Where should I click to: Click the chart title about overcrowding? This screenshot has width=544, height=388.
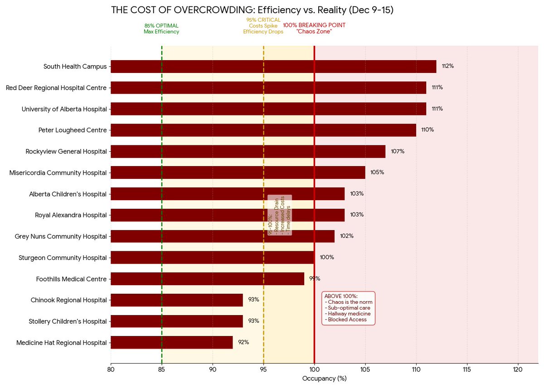252,10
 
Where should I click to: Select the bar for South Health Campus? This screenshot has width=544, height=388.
273,67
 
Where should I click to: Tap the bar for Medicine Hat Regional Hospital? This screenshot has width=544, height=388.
171,342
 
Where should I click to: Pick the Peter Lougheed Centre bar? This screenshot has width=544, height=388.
263,130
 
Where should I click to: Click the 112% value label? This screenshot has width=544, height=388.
447,66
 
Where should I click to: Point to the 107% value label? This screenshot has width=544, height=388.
398,151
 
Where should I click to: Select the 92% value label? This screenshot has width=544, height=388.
243,342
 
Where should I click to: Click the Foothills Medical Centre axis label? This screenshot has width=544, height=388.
71,279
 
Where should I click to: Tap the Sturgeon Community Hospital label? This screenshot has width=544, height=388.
63,258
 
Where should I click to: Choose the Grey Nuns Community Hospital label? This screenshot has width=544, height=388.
61,236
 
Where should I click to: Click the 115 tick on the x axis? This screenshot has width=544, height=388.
467,369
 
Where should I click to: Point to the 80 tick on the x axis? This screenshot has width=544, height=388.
111,369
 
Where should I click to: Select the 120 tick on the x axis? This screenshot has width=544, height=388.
518,369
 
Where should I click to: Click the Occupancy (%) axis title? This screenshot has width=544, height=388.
324,378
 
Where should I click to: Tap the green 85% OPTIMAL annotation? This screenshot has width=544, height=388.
161,29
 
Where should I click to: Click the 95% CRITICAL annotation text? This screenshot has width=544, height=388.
263,26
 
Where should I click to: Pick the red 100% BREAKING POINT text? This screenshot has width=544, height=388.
314,28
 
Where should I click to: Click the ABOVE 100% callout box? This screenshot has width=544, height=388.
348,308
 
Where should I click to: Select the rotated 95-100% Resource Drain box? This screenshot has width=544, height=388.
280,215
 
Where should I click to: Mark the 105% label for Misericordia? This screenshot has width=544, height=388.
377,172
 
